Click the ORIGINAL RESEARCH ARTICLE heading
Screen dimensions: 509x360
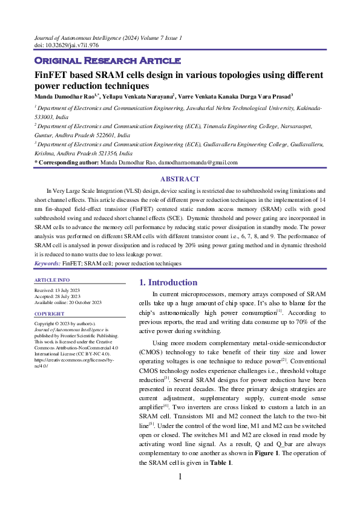(x=106, y=61)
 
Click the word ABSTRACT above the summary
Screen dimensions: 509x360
(x=180, y=179)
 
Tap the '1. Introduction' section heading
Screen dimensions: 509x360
(x=168, y=282)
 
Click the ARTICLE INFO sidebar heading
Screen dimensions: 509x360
(x=52, y=280)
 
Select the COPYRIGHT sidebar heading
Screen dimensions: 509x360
(x=49, y=314)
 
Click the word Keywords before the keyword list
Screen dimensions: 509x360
(x=46, y=264)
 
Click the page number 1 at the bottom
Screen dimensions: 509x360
(x=180, y=477)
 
